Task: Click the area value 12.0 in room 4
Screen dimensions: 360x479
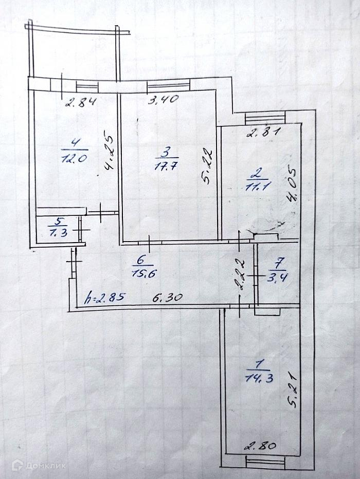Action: [74, 158]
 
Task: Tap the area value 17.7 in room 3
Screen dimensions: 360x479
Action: [165, 166]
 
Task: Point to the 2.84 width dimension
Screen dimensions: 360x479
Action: [81, 101]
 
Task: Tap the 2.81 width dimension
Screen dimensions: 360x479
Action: [263, 133]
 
